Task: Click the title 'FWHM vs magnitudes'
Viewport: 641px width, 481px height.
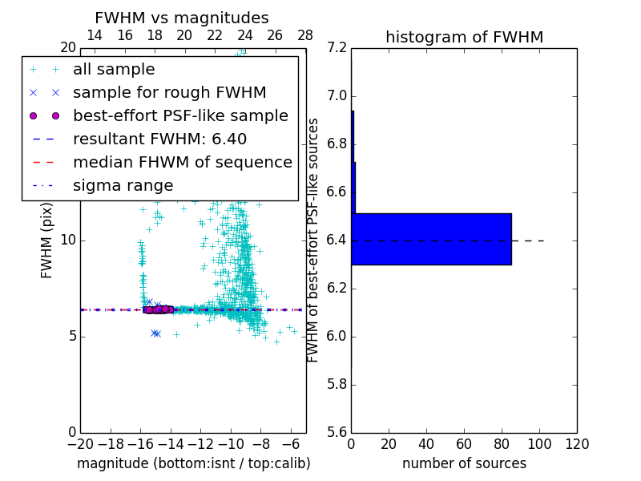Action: click(x=182, y=18)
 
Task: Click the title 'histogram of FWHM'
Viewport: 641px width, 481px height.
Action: click(x=464, y=37)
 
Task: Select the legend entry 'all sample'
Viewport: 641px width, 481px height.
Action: click(x=114, y=70)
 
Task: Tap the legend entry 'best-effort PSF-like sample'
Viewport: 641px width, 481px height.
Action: click(x=180, y=115)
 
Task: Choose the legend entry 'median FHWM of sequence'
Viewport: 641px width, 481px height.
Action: click(x=182, y=162)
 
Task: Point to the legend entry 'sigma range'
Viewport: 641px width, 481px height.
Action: click(x=123, y=185)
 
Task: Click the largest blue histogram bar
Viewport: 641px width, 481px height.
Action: click(x=431, y=239)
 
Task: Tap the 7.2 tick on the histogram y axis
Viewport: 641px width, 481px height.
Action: click(x=337, y=48)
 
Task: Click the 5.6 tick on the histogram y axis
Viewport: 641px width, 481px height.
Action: click(x=337, y=432)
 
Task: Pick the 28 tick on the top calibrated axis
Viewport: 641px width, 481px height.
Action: click(x=305, y=35)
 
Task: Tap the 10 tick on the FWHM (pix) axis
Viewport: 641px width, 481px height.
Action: click(x=67, y=240)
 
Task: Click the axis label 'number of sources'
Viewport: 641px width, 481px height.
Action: click(x=464, y=463)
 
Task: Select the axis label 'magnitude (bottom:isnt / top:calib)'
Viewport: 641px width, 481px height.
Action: click(x=193, y=463)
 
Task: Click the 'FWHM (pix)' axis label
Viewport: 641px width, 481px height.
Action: click(x=47, y=240)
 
